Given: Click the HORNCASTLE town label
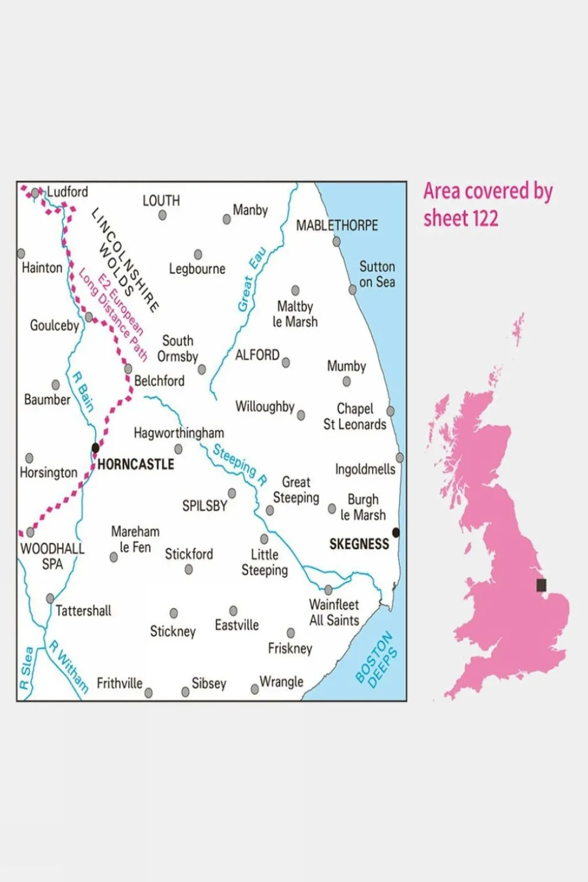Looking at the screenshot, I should coord(136,465).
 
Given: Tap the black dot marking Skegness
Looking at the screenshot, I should coord(396,533).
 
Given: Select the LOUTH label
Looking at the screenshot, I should coord(161,201).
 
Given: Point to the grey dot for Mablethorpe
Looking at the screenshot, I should coord(337,242).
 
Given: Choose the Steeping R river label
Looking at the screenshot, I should coord(240,464).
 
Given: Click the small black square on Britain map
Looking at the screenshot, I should coord(541,585).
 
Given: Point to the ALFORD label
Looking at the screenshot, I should coord(258,355).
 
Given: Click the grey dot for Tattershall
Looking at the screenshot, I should coord(50,598).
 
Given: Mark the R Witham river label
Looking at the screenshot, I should coord(69,667).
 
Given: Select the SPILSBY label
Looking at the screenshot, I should coord(205,506).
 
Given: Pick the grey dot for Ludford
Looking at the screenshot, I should coord(36,192).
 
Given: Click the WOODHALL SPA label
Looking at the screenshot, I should coord(52,557).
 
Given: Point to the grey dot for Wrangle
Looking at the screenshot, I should coord(255,690).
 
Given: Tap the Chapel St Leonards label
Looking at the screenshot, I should coord(354,417).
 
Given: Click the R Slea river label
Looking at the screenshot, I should coord(26,668).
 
